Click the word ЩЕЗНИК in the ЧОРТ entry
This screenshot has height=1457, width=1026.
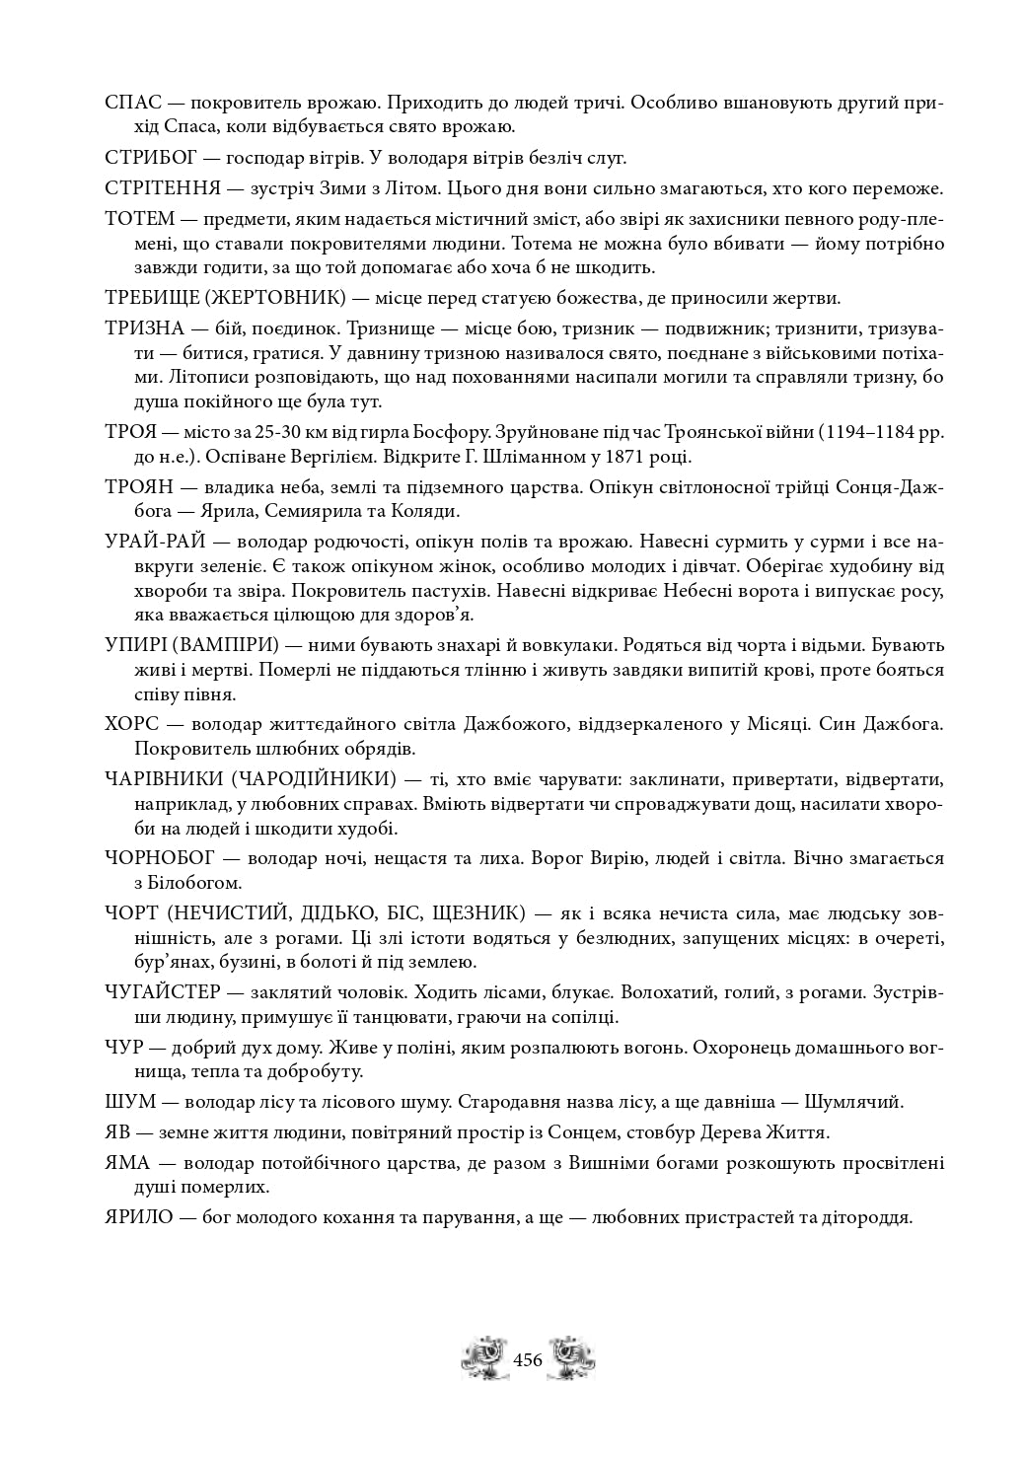466,912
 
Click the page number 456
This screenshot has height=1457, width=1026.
529,1359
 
